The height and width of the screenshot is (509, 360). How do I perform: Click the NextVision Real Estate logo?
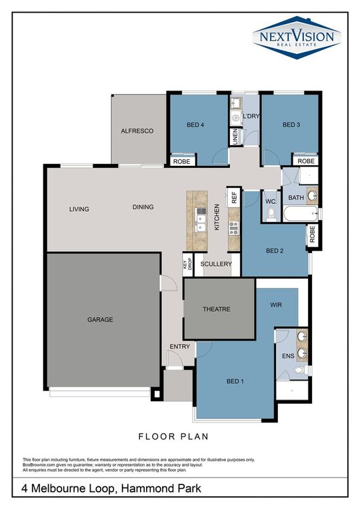(297, 37)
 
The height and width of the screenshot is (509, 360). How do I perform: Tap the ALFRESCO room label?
(137, 131)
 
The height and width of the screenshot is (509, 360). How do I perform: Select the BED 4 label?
(196, 125)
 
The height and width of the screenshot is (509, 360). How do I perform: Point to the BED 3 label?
(292, 125)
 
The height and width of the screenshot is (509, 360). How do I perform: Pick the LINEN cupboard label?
(235, 137)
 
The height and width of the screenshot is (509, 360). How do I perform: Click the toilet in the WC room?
(271, 213)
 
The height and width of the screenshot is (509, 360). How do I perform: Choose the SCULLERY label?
(216, 264)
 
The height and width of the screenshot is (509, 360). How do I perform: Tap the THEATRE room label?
(216, 309)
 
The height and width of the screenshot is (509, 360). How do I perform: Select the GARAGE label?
(100, 320)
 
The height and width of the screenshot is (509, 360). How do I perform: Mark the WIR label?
(277, 304)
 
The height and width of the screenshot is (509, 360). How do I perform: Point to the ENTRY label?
(179, 346)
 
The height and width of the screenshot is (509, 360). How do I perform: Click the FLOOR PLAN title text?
(173, 437)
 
